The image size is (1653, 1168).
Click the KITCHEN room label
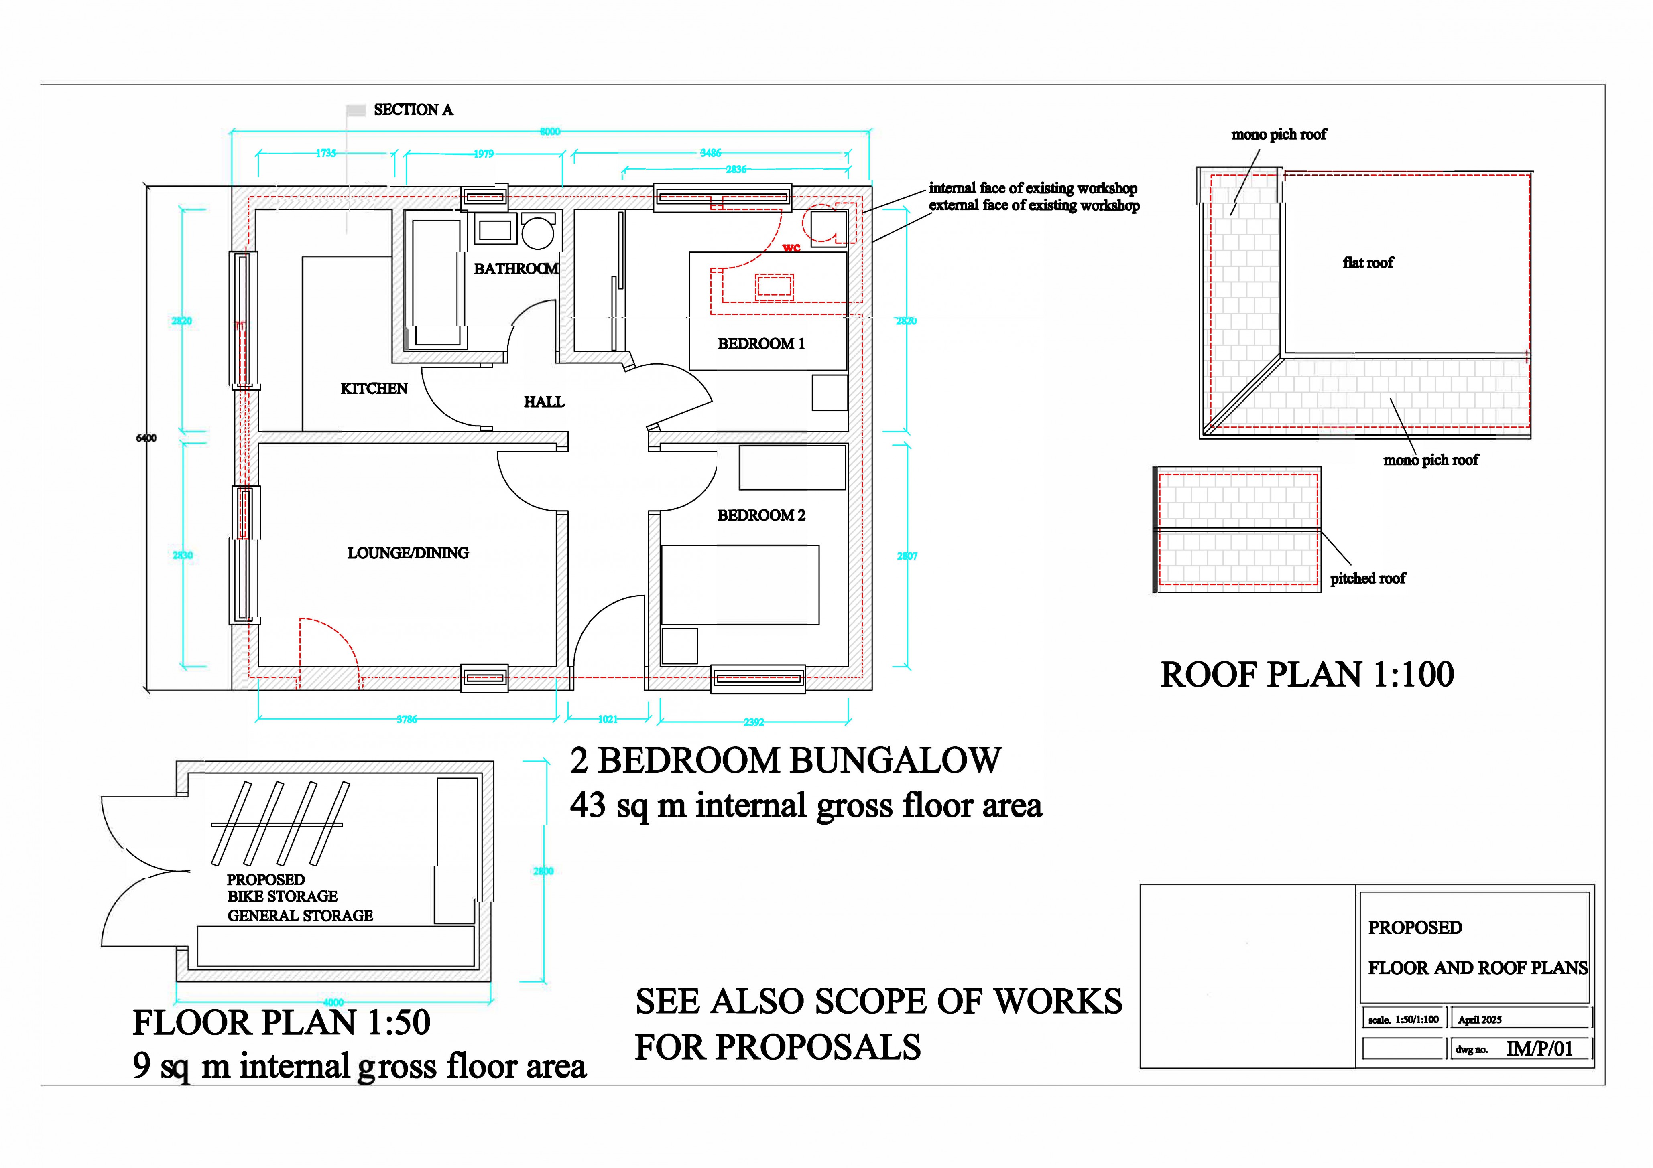(x=374, y=389)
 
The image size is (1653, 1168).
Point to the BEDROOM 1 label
(x=761, y=344)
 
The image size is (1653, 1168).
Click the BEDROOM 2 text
(x=761, y=515)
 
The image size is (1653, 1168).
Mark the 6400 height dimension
(x=146, y=438)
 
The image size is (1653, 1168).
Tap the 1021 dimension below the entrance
(x=608, y=719)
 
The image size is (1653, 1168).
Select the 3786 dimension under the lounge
(x=407, y=719)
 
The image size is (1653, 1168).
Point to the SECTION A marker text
(x=413, y=110)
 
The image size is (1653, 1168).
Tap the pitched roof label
(x=1367, y=579)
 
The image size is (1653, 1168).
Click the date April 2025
(x=1480, y=1020)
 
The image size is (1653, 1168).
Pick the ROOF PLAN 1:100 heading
(x=1307, y=675)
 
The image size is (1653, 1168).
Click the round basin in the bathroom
(x=538, y=233)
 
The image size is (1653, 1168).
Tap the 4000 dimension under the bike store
(x=333, y=1002)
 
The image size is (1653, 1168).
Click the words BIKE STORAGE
(x=282, y=897)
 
